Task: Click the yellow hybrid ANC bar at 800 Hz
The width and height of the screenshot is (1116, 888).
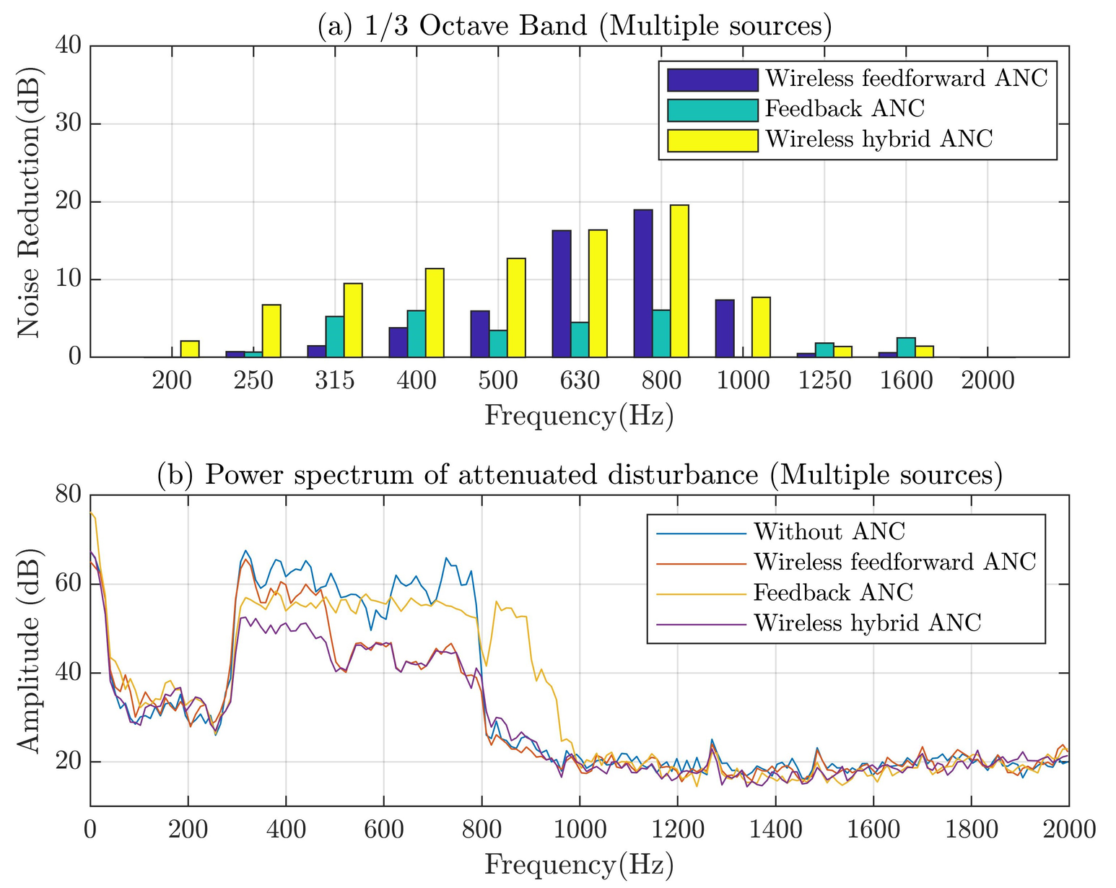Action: click(679, 281)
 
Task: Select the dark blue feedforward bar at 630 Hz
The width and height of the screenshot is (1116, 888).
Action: click(562, 293)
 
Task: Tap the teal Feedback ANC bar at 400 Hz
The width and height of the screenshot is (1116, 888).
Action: click(417, 334)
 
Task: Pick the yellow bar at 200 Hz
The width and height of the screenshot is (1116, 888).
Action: click(190, 349)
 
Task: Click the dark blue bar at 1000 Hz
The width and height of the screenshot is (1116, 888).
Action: click(725, 328)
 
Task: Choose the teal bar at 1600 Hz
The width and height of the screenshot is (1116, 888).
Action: click(906, 347)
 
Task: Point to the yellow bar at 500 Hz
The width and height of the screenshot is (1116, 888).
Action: click(516, 308)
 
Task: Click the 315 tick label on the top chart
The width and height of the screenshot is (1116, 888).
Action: click(335, 380)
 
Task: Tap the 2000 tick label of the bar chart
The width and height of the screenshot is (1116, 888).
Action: click(988, 380)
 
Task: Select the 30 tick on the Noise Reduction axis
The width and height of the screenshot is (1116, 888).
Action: click(70, 124)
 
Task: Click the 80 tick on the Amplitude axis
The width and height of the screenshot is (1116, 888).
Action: click(70, 495)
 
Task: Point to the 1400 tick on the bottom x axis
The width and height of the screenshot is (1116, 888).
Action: click(775, 830)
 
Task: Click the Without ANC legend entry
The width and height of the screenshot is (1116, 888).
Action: click(829, 532)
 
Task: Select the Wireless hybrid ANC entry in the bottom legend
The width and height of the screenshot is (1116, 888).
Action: click(867, 623)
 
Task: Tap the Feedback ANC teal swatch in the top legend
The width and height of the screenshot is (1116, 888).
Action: click(712, 110)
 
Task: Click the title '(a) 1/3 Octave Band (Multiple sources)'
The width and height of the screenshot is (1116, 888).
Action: click(575, 26)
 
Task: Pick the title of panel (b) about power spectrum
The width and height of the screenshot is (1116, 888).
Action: click(580, 475)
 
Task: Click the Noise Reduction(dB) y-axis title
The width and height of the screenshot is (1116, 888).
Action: click(29, 201)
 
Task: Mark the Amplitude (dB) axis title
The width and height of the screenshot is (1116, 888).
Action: click(29, 649)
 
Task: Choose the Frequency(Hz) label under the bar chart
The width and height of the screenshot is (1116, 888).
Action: click(579, 416)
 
